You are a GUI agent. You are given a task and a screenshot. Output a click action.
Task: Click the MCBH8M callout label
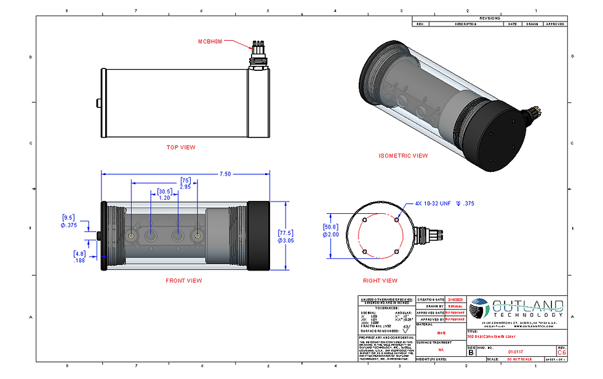[x=210, y=42]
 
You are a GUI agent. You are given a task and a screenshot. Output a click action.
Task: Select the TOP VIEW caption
[x=181, y=147]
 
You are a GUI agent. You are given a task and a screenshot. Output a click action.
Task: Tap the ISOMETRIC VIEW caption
[x=403, y=155]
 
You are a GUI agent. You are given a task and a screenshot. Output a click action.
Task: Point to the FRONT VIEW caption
[x=183, y=280]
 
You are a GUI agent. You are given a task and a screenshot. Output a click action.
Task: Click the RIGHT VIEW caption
[x=380, y=280]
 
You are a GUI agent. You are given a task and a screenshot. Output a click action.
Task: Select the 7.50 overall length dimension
[x=225, y=174]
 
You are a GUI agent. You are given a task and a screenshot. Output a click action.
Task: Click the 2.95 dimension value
[x=185, y=186]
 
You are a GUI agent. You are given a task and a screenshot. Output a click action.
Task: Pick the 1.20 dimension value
[x=164, y=198]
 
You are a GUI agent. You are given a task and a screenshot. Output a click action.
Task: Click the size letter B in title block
[x=471, y=353]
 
